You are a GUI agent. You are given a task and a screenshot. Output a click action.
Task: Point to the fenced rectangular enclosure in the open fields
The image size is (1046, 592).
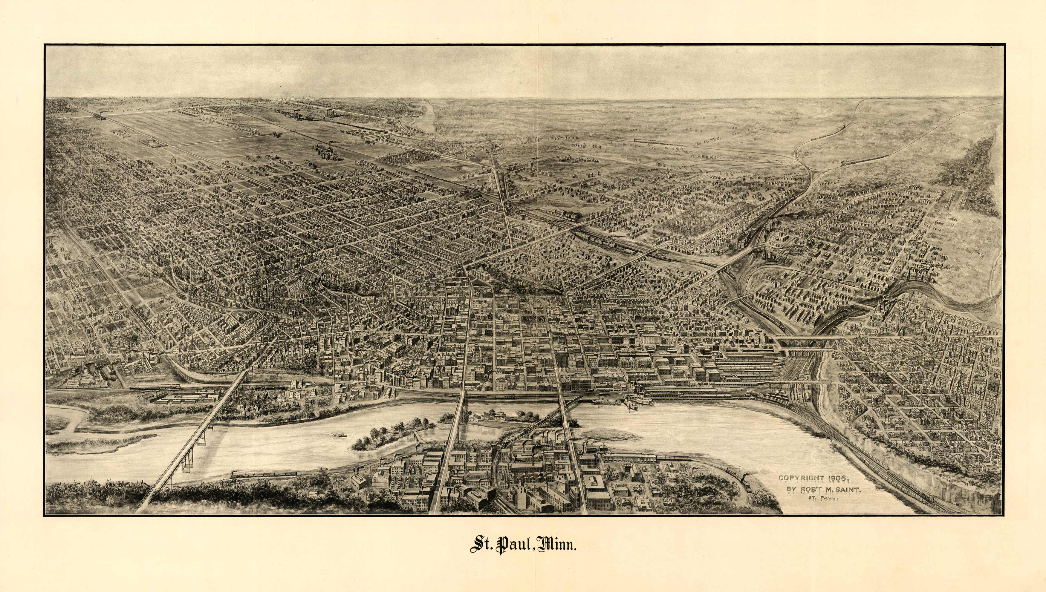click(149, 142)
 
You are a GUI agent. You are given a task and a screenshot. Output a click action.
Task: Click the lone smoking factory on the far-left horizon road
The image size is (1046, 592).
click(99, 116)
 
